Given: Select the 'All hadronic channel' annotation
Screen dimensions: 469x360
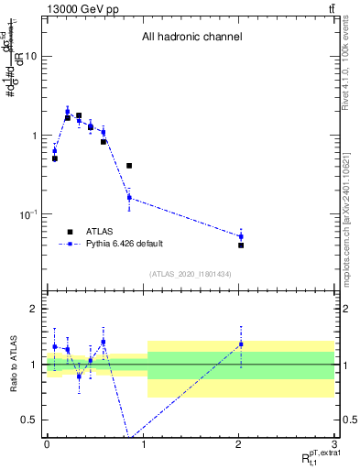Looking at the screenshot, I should [x=191, y=38].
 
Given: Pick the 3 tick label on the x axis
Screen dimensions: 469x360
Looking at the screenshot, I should [x=334, y=442].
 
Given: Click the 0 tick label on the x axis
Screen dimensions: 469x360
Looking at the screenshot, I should [x=47, y=442].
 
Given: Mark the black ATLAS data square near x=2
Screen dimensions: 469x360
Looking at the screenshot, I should [x=241, y=245].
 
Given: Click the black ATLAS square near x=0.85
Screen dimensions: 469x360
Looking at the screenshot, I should [x=129, y=166].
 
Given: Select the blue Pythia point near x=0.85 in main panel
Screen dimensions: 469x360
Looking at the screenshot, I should [x=129, y=198].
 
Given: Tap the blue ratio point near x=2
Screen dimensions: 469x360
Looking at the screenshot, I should [x=241, y=344].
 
